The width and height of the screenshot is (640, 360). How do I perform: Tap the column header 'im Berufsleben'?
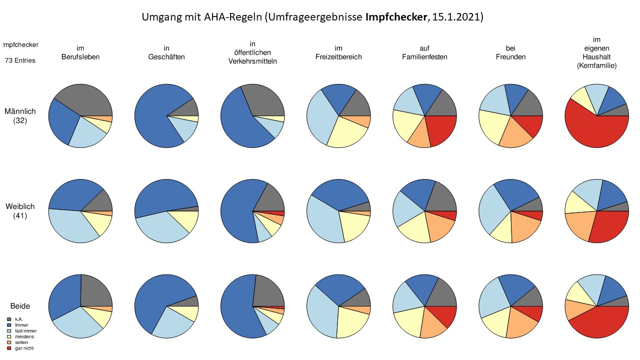pos(80,52)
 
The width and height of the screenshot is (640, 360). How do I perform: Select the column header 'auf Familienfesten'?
pos(424,52)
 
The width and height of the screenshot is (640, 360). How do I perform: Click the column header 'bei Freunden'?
pos(511,52)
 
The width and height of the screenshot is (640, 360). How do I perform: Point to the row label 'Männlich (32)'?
pos(20,115)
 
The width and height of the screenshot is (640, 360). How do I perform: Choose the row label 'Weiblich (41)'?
pos(20,211)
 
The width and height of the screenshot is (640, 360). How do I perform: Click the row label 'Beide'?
pos(20,306)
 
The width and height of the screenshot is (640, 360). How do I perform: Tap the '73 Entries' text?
pos(20,60)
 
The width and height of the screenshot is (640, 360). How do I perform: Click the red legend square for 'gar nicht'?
pos(9,348)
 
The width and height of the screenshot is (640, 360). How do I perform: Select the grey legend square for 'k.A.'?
pos(9,319)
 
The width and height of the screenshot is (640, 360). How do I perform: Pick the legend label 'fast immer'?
pos(25,331)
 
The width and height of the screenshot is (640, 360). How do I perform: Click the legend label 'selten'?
pos(21,342)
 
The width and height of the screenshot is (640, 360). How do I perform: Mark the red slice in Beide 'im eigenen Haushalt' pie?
pos(597,322)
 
